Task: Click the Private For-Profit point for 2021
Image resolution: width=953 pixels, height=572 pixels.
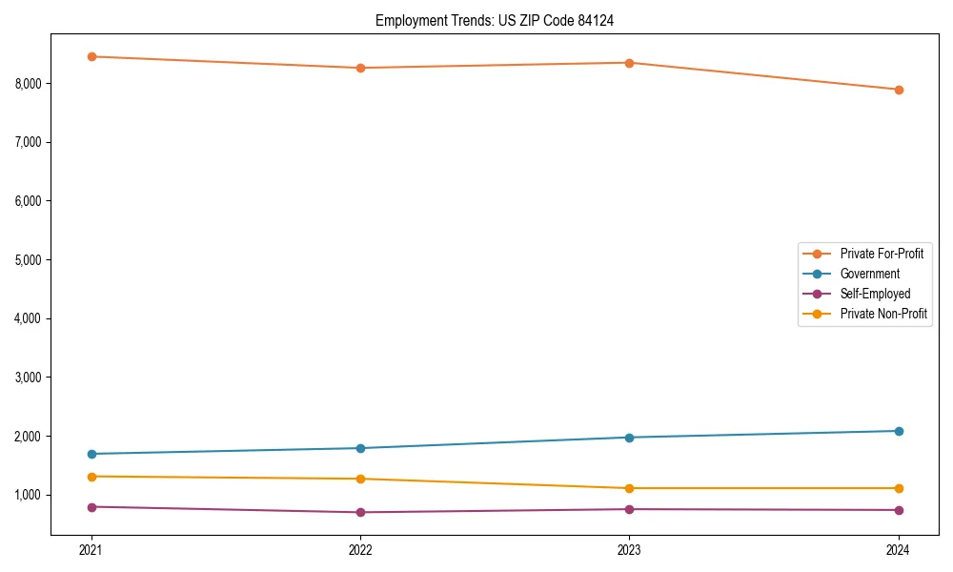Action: pos(91,56)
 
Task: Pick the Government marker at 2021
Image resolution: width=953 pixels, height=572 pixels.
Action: pos(91,454)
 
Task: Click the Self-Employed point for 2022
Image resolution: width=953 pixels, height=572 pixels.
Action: pos(360,512)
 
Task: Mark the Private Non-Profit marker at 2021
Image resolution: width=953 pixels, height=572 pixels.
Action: pos(91,477)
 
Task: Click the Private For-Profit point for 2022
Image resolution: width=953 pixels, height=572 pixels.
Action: pos(360,68)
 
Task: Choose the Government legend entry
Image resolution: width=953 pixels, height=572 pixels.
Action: pos(869,274)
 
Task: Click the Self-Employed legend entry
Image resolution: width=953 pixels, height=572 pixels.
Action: pos(875,294)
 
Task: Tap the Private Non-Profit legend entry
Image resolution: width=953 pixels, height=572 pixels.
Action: pos(883,314)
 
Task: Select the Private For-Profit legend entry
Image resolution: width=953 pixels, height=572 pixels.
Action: pos(882,254)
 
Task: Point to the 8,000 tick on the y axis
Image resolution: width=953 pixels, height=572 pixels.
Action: pos(29,84)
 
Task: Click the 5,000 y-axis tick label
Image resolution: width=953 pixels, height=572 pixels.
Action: pos(29,260)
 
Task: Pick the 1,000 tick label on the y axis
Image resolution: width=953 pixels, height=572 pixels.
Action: pos(29,495)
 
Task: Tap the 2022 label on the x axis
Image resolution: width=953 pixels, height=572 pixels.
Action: pos(360,550)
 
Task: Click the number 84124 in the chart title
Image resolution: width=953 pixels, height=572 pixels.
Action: pos(601,20)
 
